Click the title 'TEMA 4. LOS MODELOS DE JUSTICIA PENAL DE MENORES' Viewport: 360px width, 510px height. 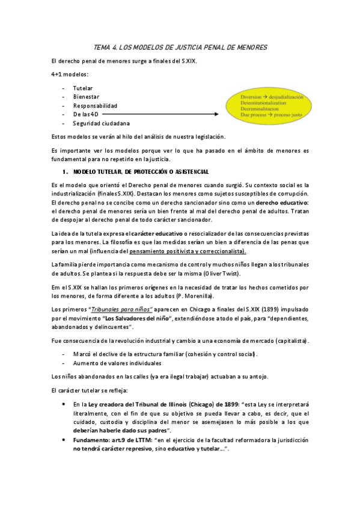point(181,47)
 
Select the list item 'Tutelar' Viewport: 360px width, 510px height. point(83,88)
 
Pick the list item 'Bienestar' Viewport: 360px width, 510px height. point(87,96)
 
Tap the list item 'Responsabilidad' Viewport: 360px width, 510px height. point(95,105)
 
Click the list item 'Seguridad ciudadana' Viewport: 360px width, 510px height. point(100,123)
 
